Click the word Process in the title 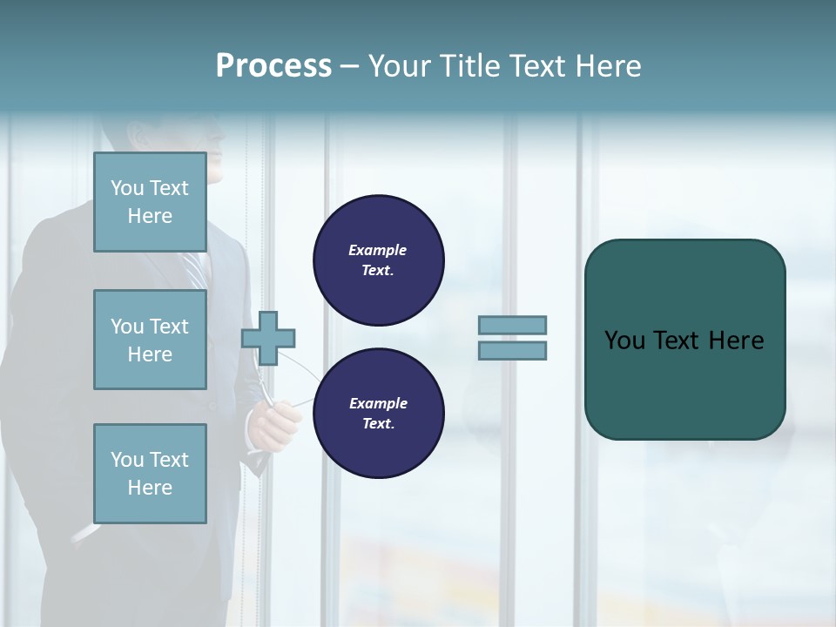tap(273, 66)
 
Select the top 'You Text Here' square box tap(150, 202)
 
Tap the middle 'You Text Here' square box tap(150, 340)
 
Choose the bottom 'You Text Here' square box tap(150, 474)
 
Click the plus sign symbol tap(268, 338)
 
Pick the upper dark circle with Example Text tap(379, 260)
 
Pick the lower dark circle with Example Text tap(379, 414)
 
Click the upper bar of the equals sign tap(512, 325)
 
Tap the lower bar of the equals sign tap(512, 351)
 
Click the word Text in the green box tap(678, 340)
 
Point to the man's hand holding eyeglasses tap(270, 422)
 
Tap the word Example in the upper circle tap(377, 250)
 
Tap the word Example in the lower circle tap(378, 403)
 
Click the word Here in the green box tap(736, 340)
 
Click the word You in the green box tap(624, 340)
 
